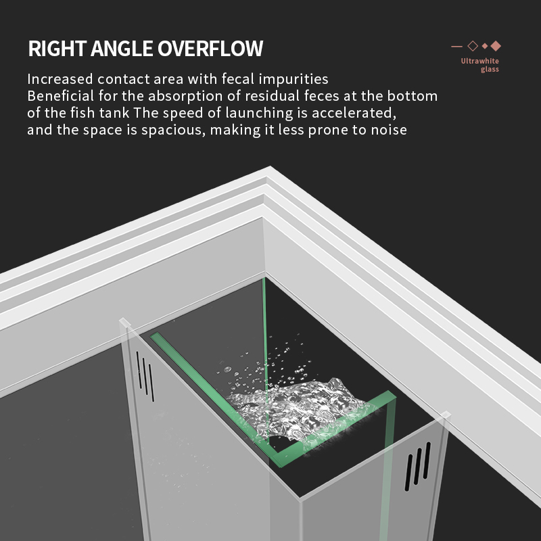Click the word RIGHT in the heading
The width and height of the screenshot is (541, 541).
pyautogui.click(x=57, y=48)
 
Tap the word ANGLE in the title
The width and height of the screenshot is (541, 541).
pyautogui.click(x=122, y=48)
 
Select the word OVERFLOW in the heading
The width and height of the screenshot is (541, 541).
pyautogui.click(x=210, y=48)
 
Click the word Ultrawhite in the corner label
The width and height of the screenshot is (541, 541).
pyautogui.click(x=479, y=61)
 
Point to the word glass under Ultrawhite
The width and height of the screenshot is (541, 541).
pyautogui.click(x=490, y=70)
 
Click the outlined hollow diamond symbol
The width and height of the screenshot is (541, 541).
pyautogui.click(x=473, y=46)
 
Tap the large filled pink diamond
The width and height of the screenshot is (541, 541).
pyautogui.click(x=496, y=46)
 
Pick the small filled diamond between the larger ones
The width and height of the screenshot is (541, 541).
pyautogui.click(x=485, y=46)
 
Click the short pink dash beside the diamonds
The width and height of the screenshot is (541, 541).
pyautogui.click(x=456, y=46)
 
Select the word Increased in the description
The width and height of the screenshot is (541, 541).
pyautogui.click(x=60, y=79)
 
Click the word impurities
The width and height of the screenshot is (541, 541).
pyautogui.click(x=293, y=79)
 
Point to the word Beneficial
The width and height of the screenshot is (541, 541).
pyautogui.click(x=60, y=96)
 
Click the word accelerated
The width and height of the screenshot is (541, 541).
pyautogui.click(x=354, y=113)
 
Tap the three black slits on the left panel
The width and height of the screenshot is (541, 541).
pyautogui.click(x=145, y=377)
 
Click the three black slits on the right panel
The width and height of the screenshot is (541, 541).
pyautogui.click(x=417, y=467)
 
